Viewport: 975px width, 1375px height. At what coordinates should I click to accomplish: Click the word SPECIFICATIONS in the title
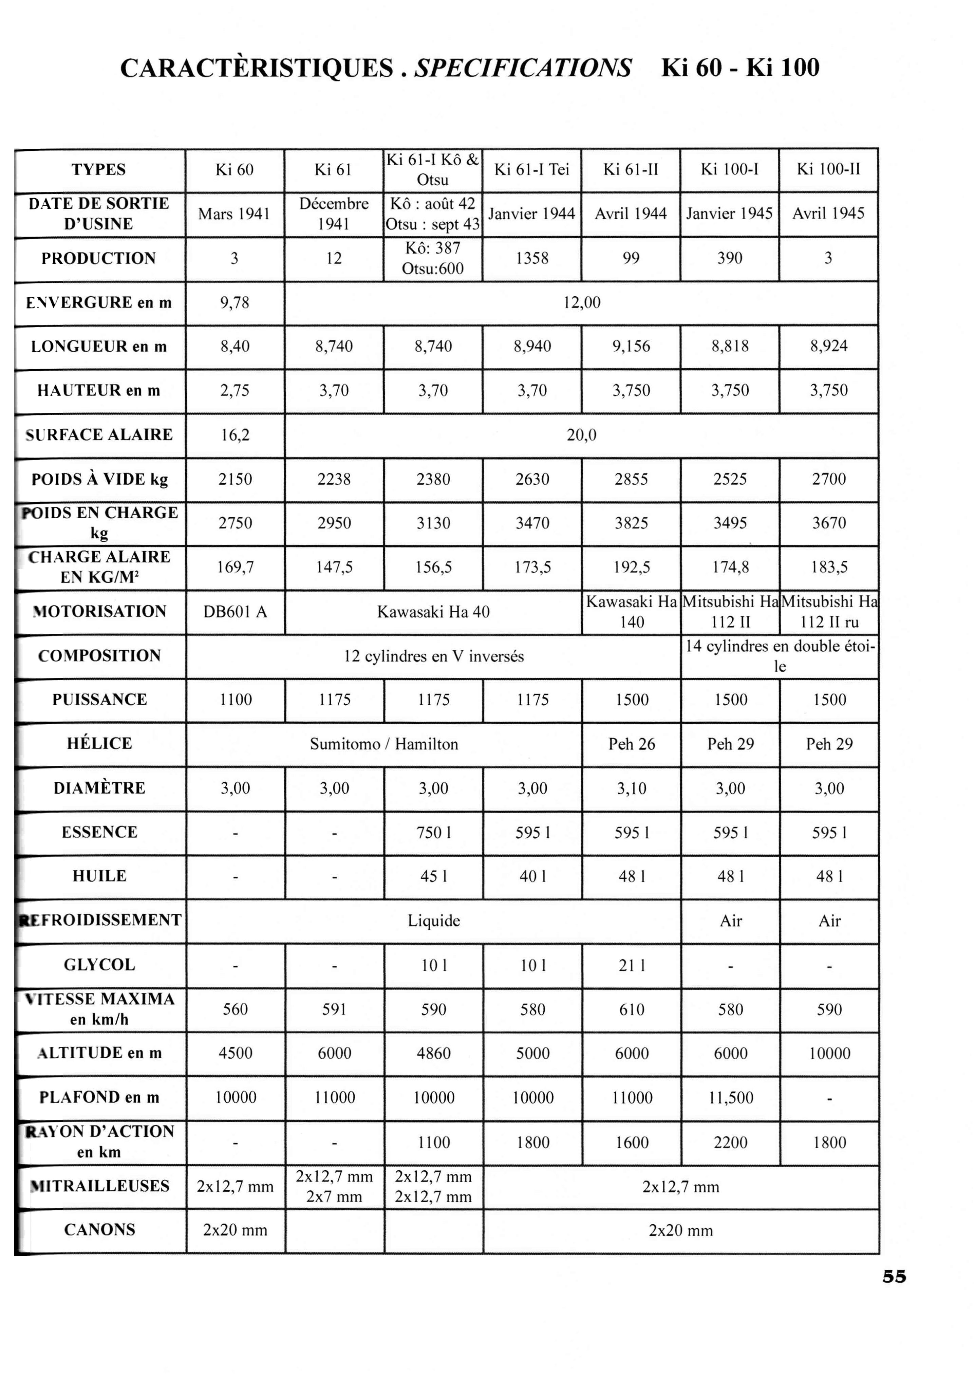(x=523, y=68)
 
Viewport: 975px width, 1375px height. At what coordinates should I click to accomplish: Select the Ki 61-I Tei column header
(x=531, y=170)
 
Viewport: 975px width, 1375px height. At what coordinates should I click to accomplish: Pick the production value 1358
(x=532, y=258)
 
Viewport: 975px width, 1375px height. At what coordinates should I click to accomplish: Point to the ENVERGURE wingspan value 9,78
(x=235, y=303)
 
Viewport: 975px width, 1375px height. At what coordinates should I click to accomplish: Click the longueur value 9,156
(x=631, y=347)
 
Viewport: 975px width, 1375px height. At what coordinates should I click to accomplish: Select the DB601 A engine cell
(x=235, y=612)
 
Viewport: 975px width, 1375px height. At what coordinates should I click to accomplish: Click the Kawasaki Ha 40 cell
(x=433, y=612)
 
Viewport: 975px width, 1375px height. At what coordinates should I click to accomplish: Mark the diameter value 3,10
(x=632, y=788)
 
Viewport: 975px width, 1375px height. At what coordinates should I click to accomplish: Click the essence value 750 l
(x=433, y=833)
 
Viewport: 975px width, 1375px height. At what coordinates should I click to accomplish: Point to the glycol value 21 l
(x=632, y=966)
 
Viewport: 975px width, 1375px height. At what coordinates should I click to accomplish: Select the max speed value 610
(x=632, y=1009)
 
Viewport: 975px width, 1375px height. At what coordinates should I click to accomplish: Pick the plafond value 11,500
(x=731, y=1098)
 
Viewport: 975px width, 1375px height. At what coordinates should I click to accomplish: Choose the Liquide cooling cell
(x=433, y=921)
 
